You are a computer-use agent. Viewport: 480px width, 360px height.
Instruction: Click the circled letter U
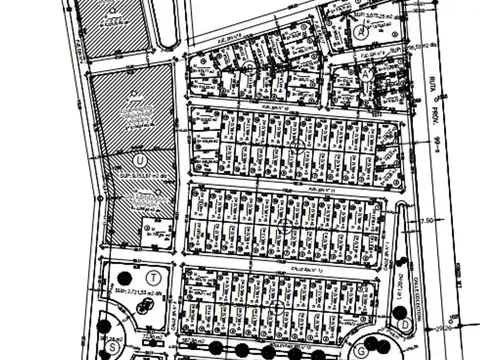(139, 159)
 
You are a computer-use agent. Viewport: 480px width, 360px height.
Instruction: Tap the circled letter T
(153, 277)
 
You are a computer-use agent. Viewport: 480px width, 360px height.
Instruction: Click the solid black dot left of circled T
(123, 278)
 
